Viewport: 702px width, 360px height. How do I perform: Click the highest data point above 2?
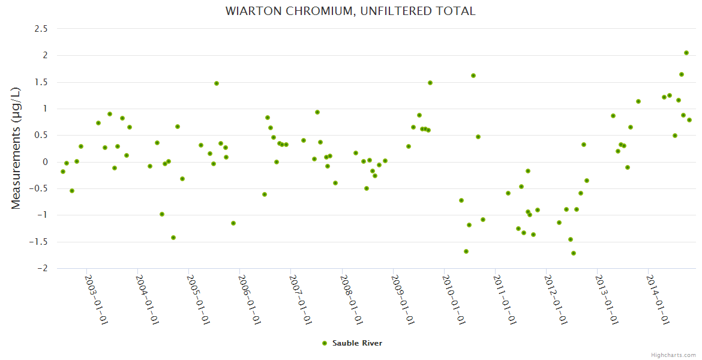[x=686, y=53]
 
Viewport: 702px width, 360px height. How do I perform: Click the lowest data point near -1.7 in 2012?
[x=574, y=253]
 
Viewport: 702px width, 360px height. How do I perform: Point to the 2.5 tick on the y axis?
[x=41, y=29]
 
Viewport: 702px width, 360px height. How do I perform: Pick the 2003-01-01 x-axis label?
[x=95, y=299]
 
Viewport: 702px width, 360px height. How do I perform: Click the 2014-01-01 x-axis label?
[x=658, y=299]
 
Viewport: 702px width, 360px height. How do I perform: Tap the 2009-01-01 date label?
[x=402, y=299]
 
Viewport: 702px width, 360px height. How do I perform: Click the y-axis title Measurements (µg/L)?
[x=16, y=148]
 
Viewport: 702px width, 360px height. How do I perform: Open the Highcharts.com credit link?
[x=673, y=355]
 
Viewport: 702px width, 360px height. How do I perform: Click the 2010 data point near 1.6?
[x=473, y=76]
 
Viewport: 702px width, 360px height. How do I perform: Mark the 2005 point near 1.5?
[x=217, y=83]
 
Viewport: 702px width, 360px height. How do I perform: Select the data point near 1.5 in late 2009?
[x=430, y=83]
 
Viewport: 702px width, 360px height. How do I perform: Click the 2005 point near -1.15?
[x=233, y=223]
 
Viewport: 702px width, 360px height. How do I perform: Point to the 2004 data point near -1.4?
[x=173, y=238]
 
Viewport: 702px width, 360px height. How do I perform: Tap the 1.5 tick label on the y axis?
[x=41, y=82]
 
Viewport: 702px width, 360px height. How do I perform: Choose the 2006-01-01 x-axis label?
[x=248, y=299]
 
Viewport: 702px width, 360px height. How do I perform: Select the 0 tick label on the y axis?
[x=44, y=162]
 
